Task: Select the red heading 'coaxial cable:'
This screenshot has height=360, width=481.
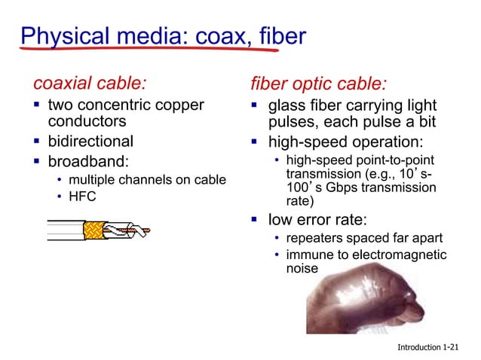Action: [x=90, y=81]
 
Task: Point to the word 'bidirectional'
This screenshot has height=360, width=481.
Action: [x=90, y=141]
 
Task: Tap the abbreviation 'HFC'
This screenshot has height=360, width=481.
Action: [x=82, y=197]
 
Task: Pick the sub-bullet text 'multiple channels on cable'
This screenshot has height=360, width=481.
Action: [x=147, y=179]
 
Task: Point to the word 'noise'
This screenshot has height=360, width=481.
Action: [x=302, y=269]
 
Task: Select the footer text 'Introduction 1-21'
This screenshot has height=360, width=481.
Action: [x=427, y=347]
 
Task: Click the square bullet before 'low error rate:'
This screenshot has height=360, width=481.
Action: [x=255, y=220]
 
